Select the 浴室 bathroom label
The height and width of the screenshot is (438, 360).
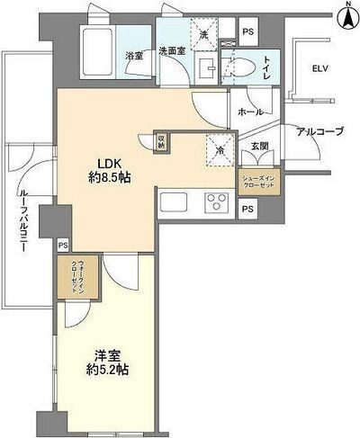pos(135,55)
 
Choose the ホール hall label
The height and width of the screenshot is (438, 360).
pos(250,112)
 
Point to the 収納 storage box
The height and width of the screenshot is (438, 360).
pos(160,142)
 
